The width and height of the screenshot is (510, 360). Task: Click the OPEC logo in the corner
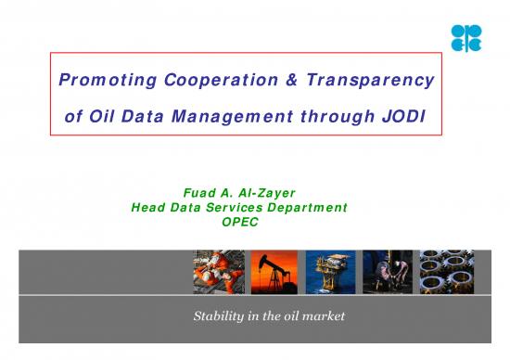point(465,38)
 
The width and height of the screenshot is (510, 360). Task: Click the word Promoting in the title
point(96,81)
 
